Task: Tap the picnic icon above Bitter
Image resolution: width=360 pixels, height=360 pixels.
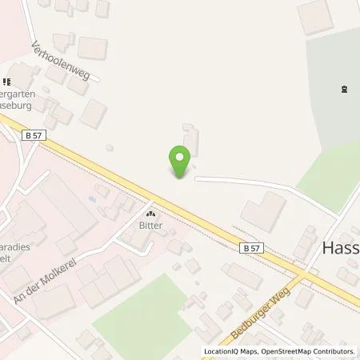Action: tap(150, 214)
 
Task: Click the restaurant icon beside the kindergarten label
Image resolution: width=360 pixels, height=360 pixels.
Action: tap(9, 81)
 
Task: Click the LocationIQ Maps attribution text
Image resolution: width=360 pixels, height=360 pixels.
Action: tap(230, 350)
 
